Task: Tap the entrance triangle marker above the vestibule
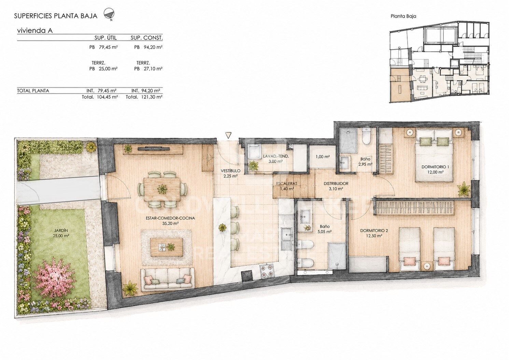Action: click(x=228, y=135)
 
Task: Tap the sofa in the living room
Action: click(x=168, y=279)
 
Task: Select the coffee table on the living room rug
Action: click(x=167, y=247)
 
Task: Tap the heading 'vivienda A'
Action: click(x=35, y=30)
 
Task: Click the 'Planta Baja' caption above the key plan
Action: click(x=403, y=16)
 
